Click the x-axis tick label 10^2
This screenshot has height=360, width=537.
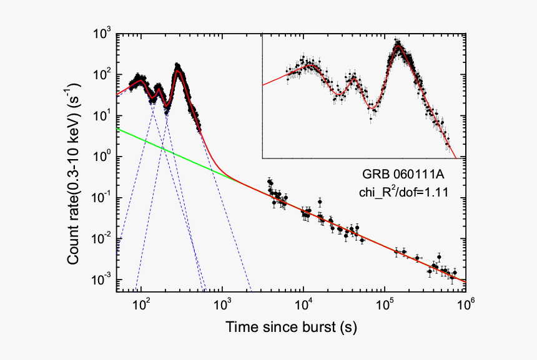(x=142, y=304)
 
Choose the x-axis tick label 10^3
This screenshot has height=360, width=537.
(x=223, y=304)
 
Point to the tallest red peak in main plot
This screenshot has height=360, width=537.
(x=178, y=71)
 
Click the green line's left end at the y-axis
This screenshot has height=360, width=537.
(x=117, y=129)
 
